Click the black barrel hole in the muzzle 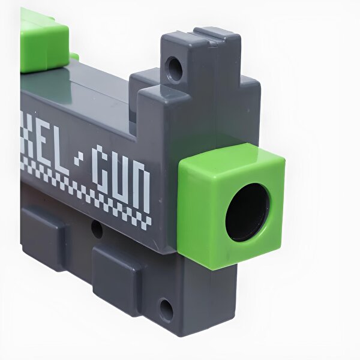pyautogui.click(x=247, y=212)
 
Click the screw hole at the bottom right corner pyautogui.click(x=166, y=310)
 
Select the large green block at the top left pyautogui.click(x=43, y=41)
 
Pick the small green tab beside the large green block pyautogui.click(x=74, y=57)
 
